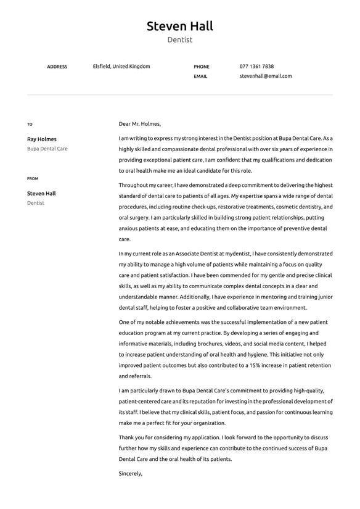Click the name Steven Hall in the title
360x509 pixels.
click(179, 26)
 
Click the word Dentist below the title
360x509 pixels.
click(179, 40)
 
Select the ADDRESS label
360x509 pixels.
click(57, 67)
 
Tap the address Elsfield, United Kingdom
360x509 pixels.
click(121, 66)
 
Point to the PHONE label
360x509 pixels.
click(202, 67)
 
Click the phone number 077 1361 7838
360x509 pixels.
click(256, 66)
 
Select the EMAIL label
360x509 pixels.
click(200, 77)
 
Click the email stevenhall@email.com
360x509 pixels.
click(266, 76)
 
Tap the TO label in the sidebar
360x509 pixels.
click(30, 124)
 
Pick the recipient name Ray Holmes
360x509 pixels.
click(41, 139)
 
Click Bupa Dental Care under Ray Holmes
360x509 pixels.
click(47, 149)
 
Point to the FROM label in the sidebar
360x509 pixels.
click(33, 178)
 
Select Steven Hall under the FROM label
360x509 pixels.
click(41, 193)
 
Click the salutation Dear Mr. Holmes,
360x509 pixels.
click(139, 123)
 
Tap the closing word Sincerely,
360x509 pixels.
click(130, 473)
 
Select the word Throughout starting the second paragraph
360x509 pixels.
click(134, 184)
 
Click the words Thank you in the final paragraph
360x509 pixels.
click(131, 437)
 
